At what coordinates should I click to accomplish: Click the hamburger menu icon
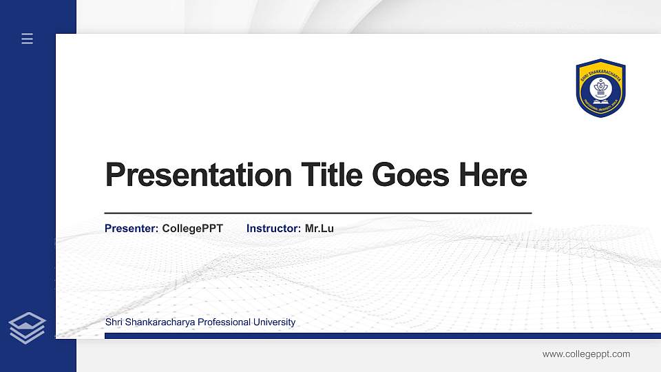tap(28, 39)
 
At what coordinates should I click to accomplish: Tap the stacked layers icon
tap(28, 328)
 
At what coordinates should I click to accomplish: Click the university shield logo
tap(600, 87)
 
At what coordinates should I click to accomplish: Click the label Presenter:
tap(132, 229)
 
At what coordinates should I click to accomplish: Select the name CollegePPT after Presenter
tap(193, 229)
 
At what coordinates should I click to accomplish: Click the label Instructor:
tap(273, 229)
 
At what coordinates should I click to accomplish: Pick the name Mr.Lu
tap(319, 229)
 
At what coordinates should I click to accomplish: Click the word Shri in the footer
tap(114, 322)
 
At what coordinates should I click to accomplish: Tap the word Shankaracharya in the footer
tap(159, 322)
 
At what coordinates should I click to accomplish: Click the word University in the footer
tap(275, 322)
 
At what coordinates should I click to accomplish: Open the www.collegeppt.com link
tap(586, 354)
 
